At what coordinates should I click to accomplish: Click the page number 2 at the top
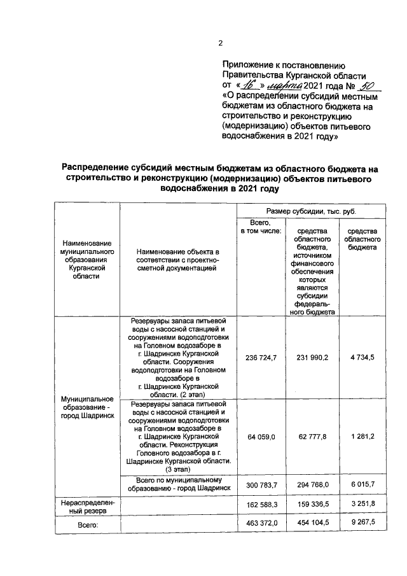click(220, 43)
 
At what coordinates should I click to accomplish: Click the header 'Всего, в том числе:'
click(256, 227)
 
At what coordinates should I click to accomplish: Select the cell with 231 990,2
click(312, 358)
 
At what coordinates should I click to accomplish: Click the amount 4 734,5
click(362, 358)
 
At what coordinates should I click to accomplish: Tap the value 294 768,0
click(312, 485)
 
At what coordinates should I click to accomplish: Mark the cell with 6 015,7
click(362, 485)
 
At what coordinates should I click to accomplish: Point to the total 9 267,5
click(362, 523)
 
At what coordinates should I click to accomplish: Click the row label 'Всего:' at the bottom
click(87, 524)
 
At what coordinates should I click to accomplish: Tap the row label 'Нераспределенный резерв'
click(87, 506)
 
